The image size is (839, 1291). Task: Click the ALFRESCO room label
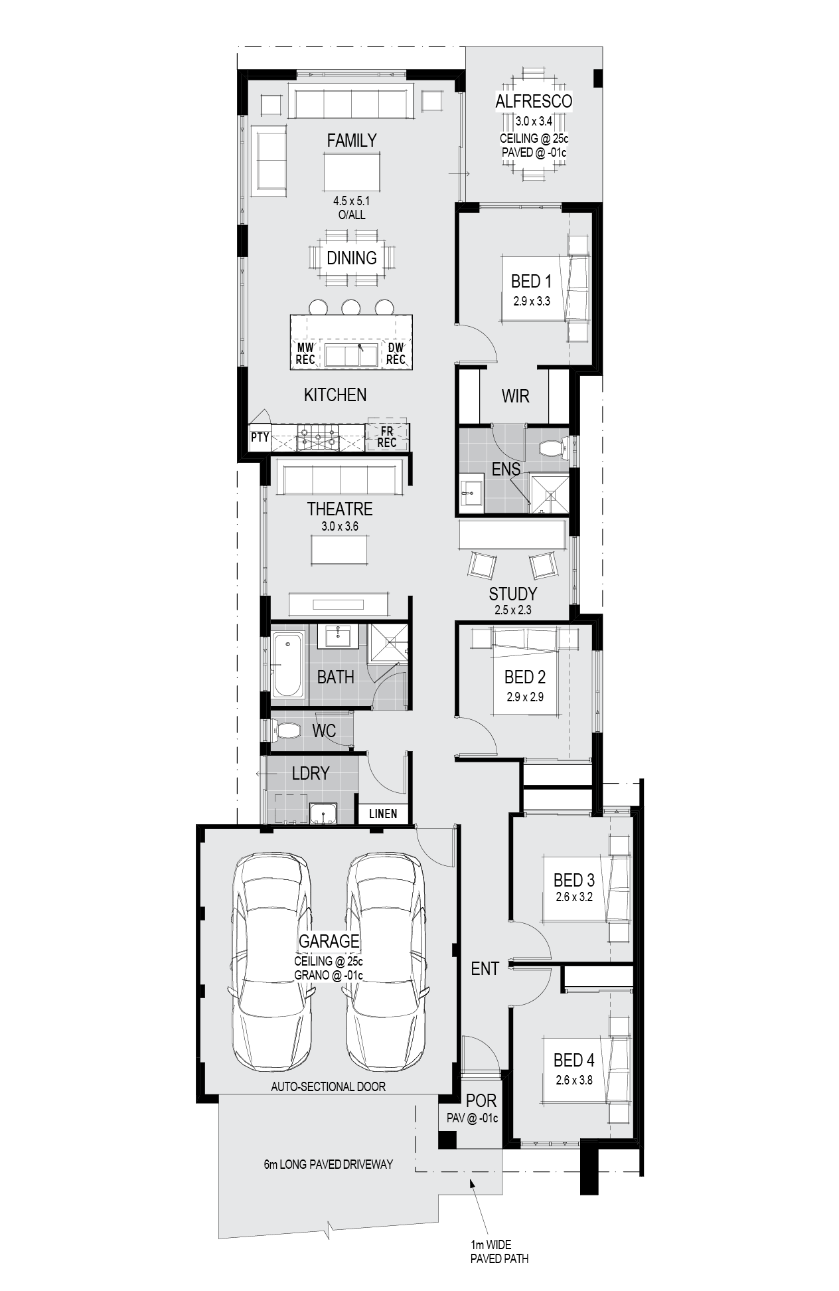click(x=533, y=102)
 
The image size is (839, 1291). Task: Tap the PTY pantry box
click(x=260, y=437)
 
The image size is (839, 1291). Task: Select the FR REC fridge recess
click(x=387, y=437)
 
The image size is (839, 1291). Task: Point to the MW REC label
click(x=305, y=353)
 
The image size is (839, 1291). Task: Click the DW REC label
click(x=396, y=353)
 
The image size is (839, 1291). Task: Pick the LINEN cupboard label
click(x=383, y=814)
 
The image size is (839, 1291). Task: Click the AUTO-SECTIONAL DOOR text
click(x=328, y=1086)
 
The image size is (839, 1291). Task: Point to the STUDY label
click(x=512, y=594)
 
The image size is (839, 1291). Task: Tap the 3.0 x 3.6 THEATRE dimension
click(x=340, y=526)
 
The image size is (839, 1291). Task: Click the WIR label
click(x=515, y=396)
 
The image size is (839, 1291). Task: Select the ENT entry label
click(x=485, y=969)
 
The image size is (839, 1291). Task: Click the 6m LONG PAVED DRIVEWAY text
click(x=328, y=1164)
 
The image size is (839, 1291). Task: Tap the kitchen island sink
click(x=351, y=355)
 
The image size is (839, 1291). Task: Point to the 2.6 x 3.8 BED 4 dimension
click(x=574, y=1080)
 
